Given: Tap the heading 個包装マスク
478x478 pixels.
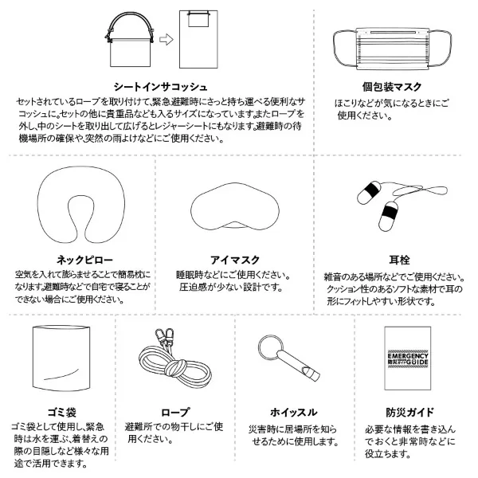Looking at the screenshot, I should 392,87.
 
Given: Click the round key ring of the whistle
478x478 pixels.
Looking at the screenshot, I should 267,348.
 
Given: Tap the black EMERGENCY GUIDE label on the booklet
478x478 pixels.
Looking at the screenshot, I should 408,360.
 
